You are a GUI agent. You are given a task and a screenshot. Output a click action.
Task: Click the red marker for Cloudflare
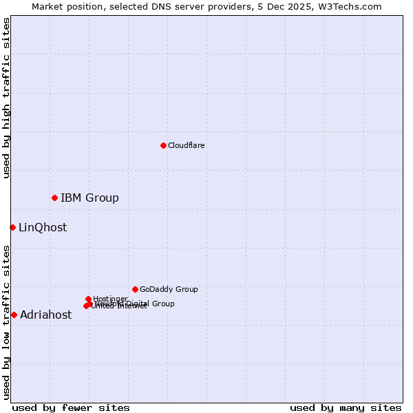click(163, 145)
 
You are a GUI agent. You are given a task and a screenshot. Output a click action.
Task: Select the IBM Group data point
click(54, 198)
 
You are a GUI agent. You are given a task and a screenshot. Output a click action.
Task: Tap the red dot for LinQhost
click(12, 227)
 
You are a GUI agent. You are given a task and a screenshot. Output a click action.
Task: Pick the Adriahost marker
click(14, 315)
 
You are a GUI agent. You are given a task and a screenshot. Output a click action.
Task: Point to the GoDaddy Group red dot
click(135, 289)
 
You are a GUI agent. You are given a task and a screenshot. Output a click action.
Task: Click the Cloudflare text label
click(186, 145)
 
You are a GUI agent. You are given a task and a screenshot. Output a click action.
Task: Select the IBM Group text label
click(89, 198)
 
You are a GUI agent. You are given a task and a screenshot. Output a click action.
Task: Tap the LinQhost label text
click(43, 228)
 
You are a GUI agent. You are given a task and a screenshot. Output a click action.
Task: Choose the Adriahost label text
click(45, 315)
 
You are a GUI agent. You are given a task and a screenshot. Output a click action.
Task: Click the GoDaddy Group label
click(169, 289)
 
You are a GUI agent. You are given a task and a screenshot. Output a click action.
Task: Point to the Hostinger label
click(110, 299)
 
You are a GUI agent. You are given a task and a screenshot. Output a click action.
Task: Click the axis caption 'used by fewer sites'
click(71, 407)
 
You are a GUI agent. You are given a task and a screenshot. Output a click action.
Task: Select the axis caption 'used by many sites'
click(346, 407)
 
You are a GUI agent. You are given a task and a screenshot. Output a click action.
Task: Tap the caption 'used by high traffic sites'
click(7, 98)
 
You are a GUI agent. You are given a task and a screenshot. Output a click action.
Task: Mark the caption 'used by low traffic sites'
click(7, 322)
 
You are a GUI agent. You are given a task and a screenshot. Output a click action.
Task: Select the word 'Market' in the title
click(47, 6)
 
